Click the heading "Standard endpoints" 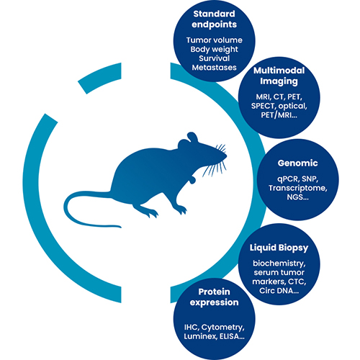click(x=214, y=19)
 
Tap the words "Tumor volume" click(x=215, y=40)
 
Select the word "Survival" click(x=215, y=58)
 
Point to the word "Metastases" click(x=215, y=68)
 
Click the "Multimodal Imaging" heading click(x=279, y=76)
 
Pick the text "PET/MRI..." click(x=279, y=115)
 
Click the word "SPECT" click(x=263, y=106)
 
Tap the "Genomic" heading click(x=298, y=163)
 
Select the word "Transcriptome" click(x=297, y=188)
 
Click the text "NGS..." click(x=298, y=197)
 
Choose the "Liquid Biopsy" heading click(x=279, y=248)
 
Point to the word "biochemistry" click(x=279, y=264)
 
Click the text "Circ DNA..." click(x=279, y=291)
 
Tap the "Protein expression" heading click(x=214, y=297)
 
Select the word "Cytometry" click(x=222, y=328)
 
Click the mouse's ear click(x=192, y=138)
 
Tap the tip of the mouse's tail click(x=120, y=227)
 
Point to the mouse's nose click(x=225, y=156)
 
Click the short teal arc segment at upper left click(x=99, y=78)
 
